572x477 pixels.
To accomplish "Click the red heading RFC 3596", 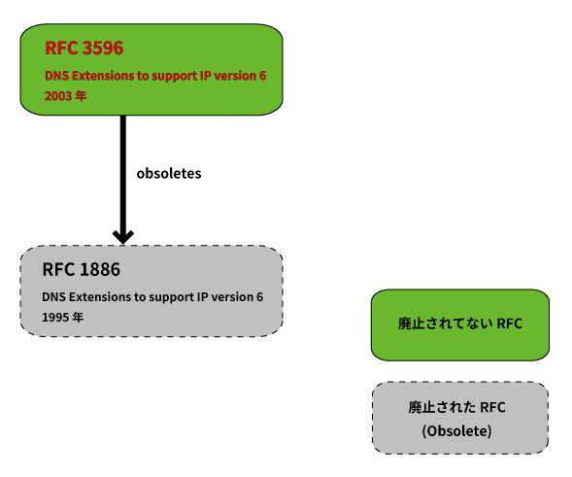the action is tap(84, 48).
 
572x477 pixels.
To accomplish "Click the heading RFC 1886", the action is tap(81, 269).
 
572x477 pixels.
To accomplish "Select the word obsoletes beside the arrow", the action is tap(169, 173).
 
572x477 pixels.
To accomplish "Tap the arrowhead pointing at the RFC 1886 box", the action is tap(123, 237).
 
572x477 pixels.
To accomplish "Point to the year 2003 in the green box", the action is tap(58, 96).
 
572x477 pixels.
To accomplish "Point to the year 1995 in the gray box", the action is tap(55, 318).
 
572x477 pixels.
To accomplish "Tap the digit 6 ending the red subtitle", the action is tap(262, 76).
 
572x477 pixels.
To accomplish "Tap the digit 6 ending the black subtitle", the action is tap(259, 297).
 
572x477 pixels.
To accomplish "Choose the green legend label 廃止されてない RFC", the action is tap(460, 324).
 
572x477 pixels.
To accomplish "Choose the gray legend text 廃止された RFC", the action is tap(456, 407).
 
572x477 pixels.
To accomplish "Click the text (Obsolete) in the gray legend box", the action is tap(456, 431).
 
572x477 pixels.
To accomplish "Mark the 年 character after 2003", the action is tap(81, 96).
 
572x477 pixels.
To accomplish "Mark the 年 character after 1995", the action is tap(78, 318).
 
